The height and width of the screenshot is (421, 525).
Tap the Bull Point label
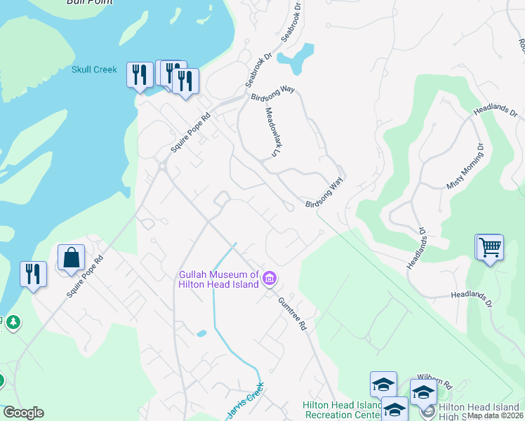pyautogui.click(x=89, y=2)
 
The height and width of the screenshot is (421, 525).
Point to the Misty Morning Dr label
pyautogui.click(x=466, y=167)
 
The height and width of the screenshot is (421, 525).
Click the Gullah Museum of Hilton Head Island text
pyautogui.click(x=218, y=279)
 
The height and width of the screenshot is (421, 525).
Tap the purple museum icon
pyautogui.click(x=269, y=279)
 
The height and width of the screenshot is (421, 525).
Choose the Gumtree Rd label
pyautogui.click(x=293, y=313)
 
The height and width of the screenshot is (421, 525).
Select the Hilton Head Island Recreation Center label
pyautogui.click(x=342, y=410)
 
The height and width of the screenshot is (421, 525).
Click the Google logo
pyautogui.click(x=23, y=413)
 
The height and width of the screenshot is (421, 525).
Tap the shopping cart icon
pyautogui.click(x=490, y=247)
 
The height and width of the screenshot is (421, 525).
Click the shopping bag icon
pyautogui.click(x=72, y=258)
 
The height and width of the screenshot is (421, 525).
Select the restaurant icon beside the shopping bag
pyautogui.click(x=33, y=273)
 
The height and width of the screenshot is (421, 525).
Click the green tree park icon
pyautogui.click(x=12, y=323)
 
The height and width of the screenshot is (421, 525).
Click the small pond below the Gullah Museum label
pyautogui.click(x=202, y=333)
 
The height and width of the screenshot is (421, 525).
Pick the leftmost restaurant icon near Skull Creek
pyautogui.click(x=139, y=74)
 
